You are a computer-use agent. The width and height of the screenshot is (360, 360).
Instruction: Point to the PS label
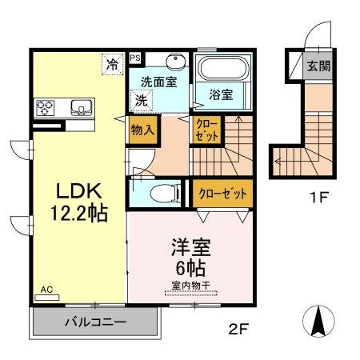point(135,58)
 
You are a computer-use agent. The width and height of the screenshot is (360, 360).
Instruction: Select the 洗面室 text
point(158,82)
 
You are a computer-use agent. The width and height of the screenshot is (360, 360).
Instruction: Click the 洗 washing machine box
point(141,101)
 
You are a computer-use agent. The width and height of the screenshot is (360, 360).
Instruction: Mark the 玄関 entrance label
point(318,65)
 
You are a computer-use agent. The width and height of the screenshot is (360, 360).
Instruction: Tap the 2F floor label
point(232,326)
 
